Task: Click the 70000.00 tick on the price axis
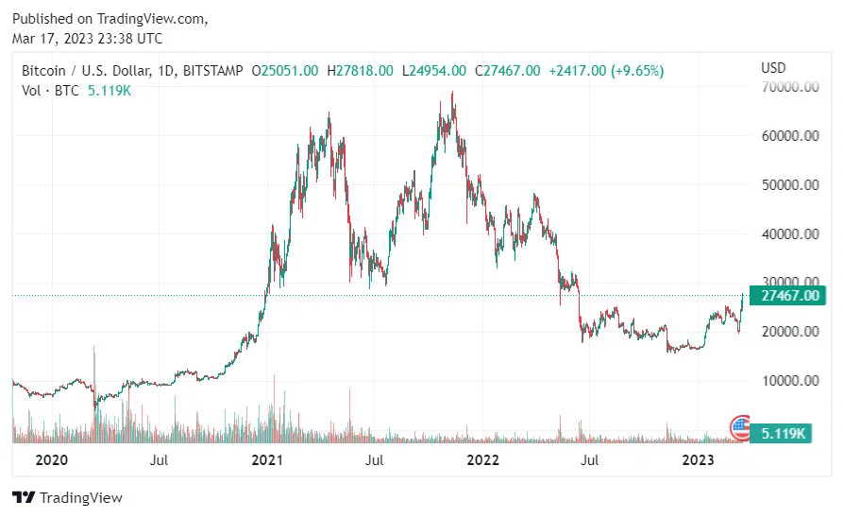pos(789,87)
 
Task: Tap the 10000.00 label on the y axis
pos(789,380)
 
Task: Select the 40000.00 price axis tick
pos(789,233)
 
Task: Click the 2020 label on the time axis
pos(52,460)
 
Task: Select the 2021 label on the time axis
pos(268,460)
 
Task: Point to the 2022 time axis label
pos(483,460)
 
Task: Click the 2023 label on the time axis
pos(699,460)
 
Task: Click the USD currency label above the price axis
pos(773,68)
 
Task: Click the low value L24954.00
pos(433,71)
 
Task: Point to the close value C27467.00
pos(508,71)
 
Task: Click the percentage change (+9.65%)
pos(637,71)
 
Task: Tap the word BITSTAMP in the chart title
pos(213,71)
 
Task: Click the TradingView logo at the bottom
pos(67,497)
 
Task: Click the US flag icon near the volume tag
pos(739,427)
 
